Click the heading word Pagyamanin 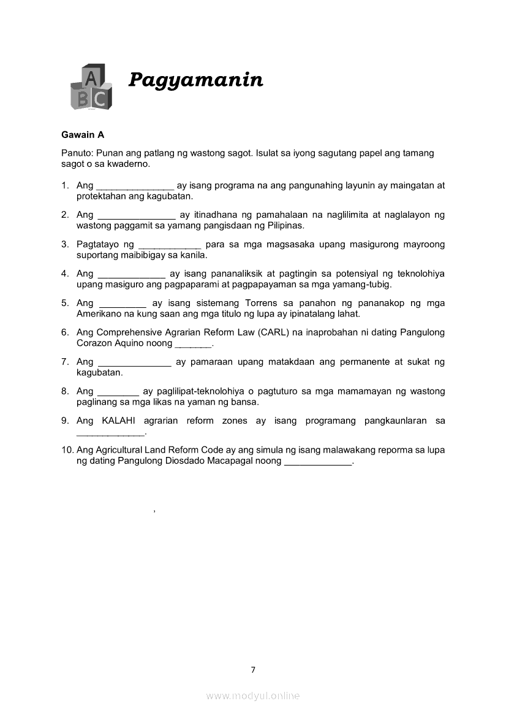[195, 80]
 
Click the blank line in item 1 [135, 185]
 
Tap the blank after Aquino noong [193, 344]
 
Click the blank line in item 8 [118, 392]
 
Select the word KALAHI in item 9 [120, 421]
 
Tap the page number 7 [253, 670]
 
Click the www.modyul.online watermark [253, 696]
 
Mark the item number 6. [64, 332]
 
